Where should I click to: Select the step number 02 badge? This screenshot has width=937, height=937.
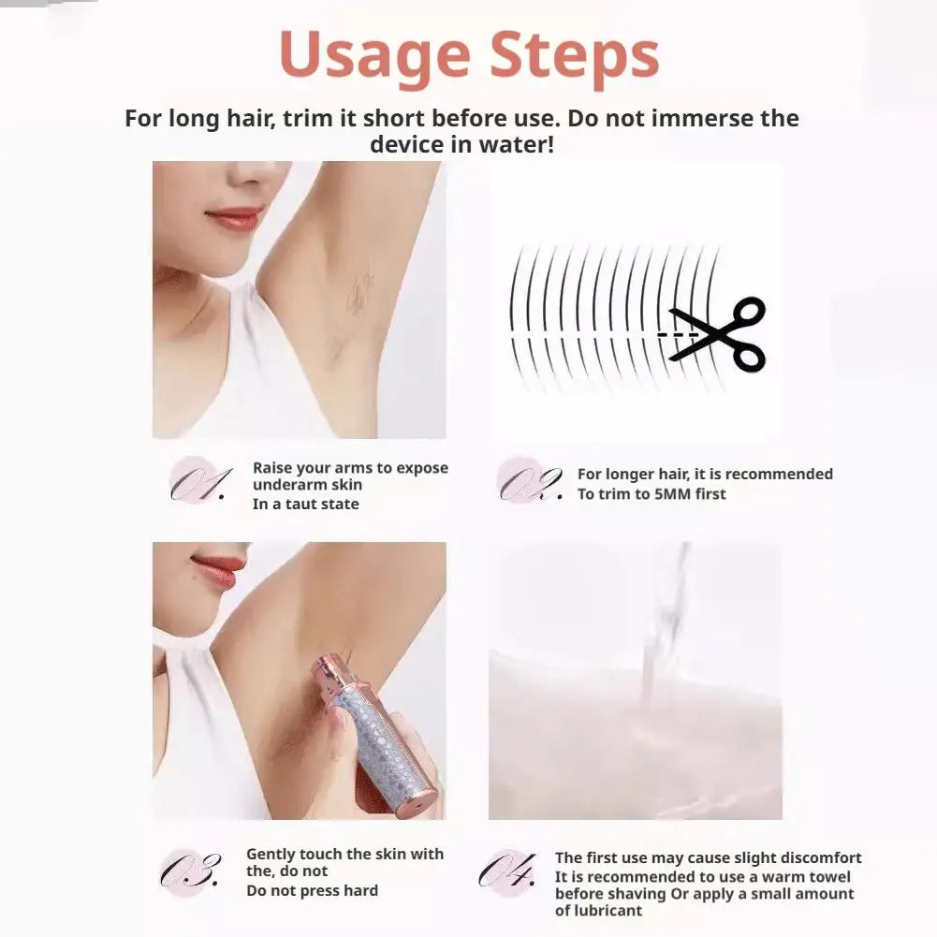529,482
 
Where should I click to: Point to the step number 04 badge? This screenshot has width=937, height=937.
507,871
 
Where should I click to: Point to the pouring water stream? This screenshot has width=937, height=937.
664,622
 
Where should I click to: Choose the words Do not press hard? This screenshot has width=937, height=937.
312,890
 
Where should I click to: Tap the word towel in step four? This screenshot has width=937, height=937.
827,877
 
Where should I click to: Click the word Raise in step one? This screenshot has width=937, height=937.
271,468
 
